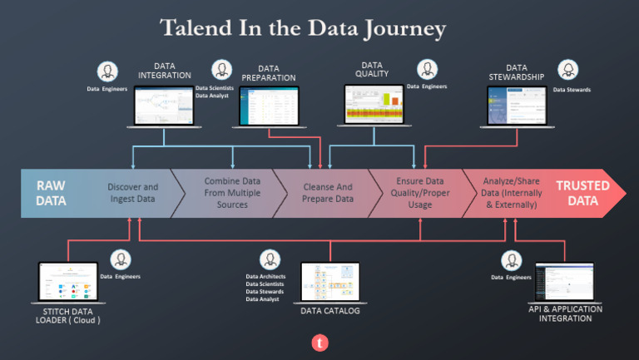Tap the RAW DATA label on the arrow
pyautogui.click(x=51, y=193)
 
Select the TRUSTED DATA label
pyautogui.click(x=582, y=193)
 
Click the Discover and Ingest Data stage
pyautogui.click(x=133, y=193)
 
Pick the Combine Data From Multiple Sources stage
pyautogui.click(x=226, y=193)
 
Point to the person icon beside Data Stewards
pyautogui.click(x=568, y=70)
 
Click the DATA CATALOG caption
pyautogui.click(x=329, y=311)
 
